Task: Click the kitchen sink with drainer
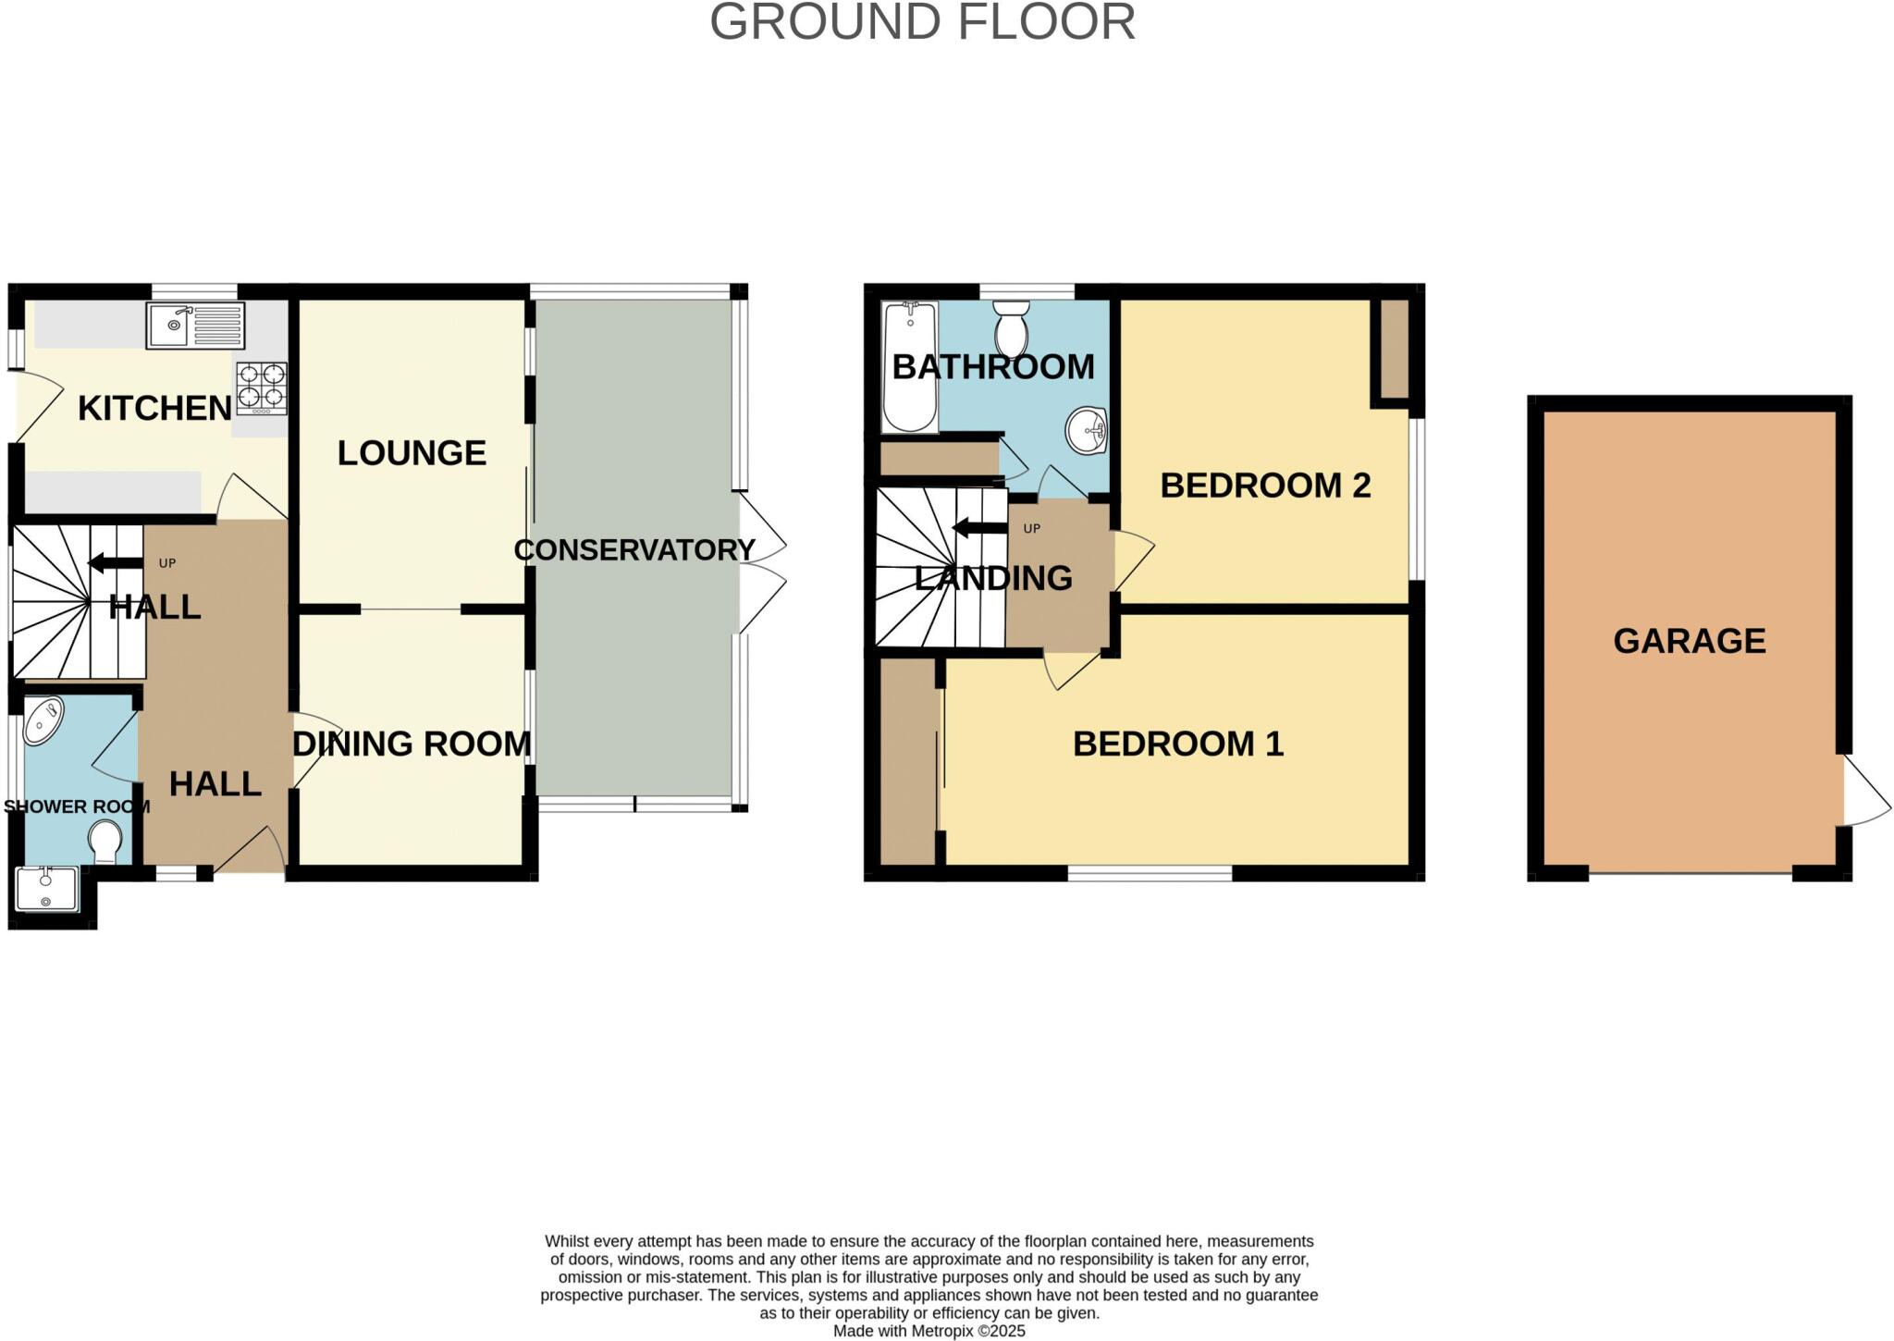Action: (195, 326)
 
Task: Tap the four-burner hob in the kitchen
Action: (262, 388)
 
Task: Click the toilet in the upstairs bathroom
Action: (1011, 328)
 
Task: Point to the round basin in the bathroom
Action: (1088, 431)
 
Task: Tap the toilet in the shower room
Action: (105, 843)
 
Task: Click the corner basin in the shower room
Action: (43, 721)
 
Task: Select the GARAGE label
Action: (1689, 641)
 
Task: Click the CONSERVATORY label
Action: (634, 549)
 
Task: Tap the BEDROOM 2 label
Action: (1264, 486)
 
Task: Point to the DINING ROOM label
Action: (412, 744)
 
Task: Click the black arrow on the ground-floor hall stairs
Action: (115, 562)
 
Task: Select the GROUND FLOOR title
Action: (922, 22)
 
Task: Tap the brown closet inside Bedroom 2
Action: (1394, 349)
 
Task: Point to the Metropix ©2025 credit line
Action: (929, 1331)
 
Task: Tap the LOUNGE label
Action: (412, 453)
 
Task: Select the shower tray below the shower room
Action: (47, 890)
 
